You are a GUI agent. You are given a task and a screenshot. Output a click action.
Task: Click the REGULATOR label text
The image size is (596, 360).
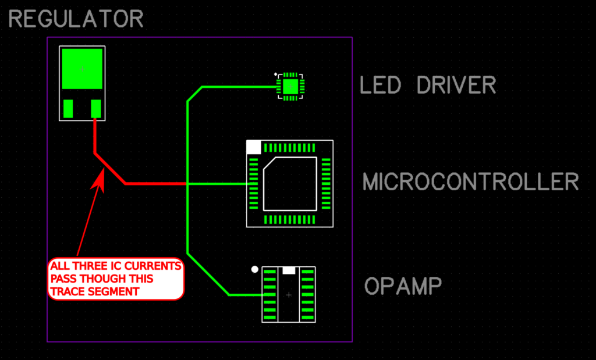point(76,19)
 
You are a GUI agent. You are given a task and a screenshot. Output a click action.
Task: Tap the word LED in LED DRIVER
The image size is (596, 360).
point(381,85)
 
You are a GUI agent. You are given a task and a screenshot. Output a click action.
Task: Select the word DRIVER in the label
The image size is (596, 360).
point(456,85)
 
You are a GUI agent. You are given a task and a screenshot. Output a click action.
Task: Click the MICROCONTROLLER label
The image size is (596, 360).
point(470,182)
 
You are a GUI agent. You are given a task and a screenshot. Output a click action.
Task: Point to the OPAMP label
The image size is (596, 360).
point(403,286)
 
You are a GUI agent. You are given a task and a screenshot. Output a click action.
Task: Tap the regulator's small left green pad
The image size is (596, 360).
point(68,109)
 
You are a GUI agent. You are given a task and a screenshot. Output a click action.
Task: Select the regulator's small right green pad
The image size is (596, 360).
point(96,109)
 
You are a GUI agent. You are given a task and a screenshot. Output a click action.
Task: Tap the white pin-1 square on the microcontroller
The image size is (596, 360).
point(254,147)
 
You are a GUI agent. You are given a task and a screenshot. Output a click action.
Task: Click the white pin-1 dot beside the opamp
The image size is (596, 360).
point(254,269)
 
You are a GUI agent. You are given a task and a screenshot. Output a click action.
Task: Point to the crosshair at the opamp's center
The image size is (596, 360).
point(289,295)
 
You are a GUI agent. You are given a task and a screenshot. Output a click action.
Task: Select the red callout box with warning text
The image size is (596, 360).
point(116,279)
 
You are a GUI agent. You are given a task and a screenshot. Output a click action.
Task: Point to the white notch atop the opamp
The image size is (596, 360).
point(289,270)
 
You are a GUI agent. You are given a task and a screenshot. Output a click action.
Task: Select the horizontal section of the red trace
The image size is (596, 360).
point(155,184)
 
